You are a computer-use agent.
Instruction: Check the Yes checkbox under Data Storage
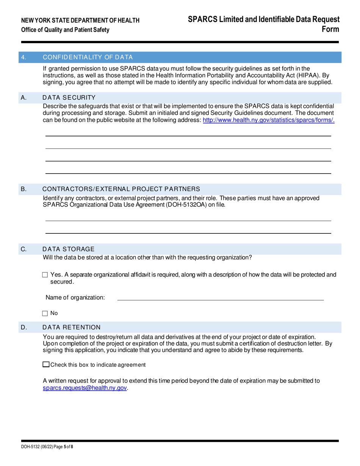coord(45,275)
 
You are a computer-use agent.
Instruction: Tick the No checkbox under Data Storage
coord(45,313)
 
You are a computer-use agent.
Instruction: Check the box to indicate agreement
coord(46,365)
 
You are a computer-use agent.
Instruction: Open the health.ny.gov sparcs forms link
coord(269,120)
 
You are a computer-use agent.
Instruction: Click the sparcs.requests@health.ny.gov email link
coord(85,388)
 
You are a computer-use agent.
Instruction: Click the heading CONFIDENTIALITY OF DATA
coord(88,58)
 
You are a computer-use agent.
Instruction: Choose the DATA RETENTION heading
coord(72,327)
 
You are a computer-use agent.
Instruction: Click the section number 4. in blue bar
coord(23,58)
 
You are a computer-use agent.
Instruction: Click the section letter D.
coord(24,327)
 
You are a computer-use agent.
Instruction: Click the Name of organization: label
coord(75,297)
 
